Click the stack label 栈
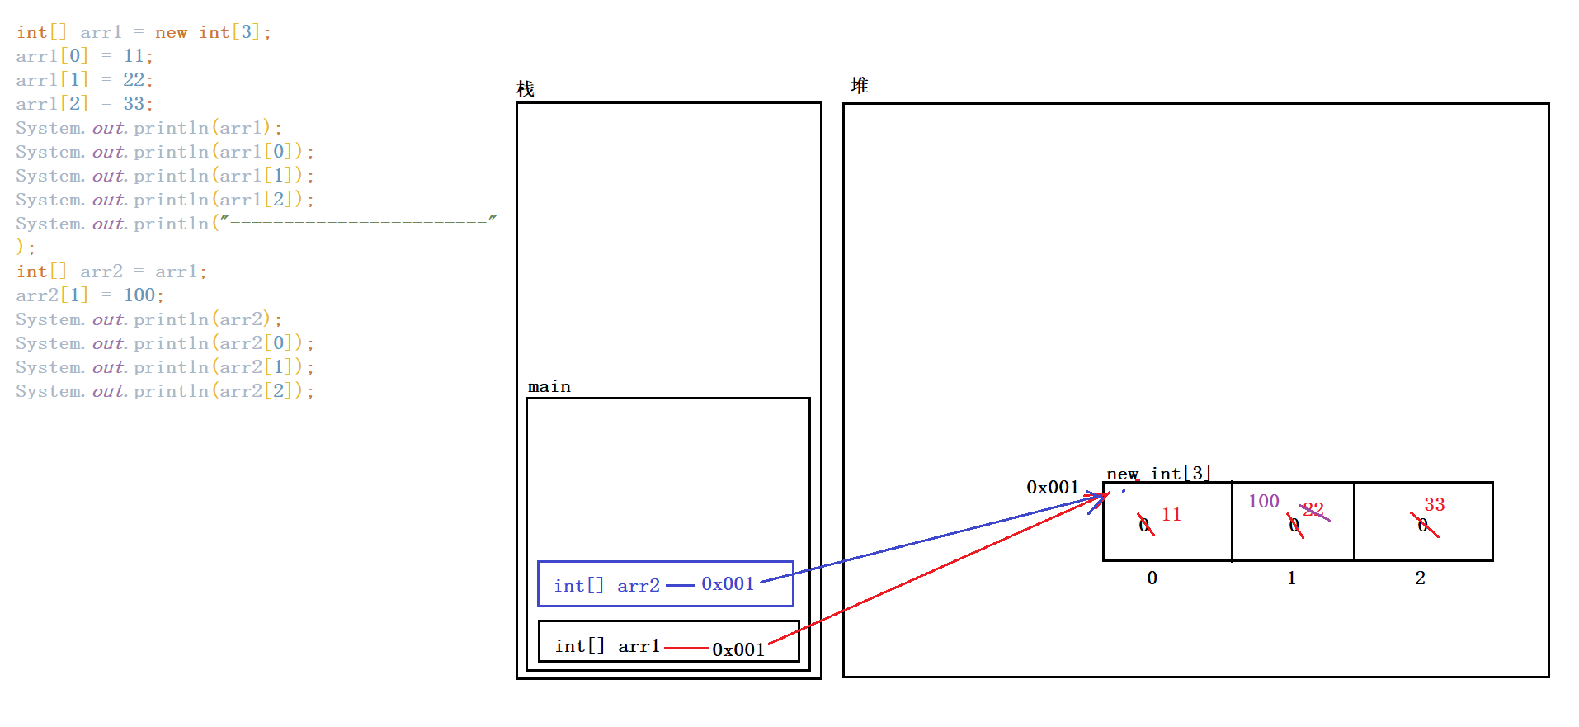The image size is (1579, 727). coord(526,89)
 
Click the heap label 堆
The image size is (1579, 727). coord(860,86)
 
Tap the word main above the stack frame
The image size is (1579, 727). coord(549,387)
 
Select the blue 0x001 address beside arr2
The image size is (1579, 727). coord(728,584)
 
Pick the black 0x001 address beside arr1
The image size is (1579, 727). coord(738,650)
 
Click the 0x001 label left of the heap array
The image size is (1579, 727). coord(1053,488)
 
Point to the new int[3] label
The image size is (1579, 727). coord(1158,474)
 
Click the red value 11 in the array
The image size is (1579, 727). coord(1171,515)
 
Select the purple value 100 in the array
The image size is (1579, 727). coord(1263,502)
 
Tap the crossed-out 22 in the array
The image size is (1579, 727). coord(1313,510)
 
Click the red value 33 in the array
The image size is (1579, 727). coord(1435,505)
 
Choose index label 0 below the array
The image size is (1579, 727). coord(1152,578)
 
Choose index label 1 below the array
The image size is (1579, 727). coord(1291,578)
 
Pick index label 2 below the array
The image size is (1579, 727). coord(1420,578)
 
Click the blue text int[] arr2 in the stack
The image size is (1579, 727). coord(607,586)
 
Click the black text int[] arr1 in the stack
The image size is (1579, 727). coord(607,646)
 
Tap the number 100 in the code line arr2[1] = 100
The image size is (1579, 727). coord(139,295)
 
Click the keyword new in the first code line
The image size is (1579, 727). coord(171,33)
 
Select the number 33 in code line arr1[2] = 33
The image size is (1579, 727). coord(134,104)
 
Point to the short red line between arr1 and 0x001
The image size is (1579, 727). coord(686,649)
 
